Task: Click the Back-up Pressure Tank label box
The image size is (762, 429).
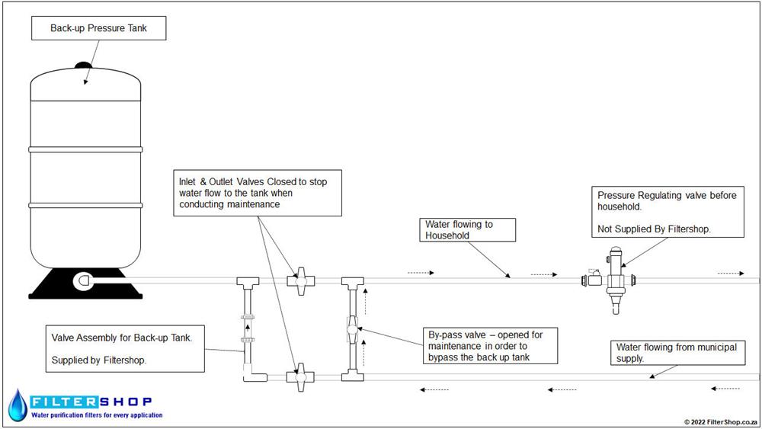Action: [98, 28]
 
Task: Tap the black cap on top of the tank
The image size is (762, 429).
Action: [84, 65]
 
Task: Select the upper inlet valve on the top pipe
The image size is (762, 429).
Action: [301, 281]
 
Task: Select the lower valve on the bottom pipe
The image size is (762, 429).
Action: [301, 376]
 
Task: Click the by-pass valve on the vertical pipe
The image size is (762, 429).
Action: [352, 330]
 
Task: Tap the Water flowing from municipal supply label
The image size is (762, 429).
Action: [678, 353]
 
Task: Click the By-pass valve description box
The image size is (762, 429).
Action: [490, 345]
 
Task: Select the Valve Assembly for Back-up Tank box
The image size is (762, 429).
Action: [125, 349]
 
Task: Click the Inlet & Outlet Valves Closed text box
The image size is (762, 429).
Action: [258, 193]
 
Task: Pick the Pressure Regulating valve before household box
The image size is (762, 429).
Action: [668, 212]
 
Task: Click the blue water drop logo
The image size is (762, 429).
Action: [18, 405]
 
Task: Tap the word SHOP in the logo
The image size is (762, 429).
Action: [126, 402]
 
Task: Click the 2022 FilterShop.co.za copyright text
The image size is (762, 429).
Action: [721, 422]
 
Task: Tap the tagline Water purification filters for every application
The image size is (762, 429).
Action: [98, 415]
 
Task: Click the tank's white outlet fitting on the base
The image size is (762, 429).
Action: [82, 281]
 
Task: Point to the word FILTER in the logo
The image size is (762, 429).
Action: [65, 402]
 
